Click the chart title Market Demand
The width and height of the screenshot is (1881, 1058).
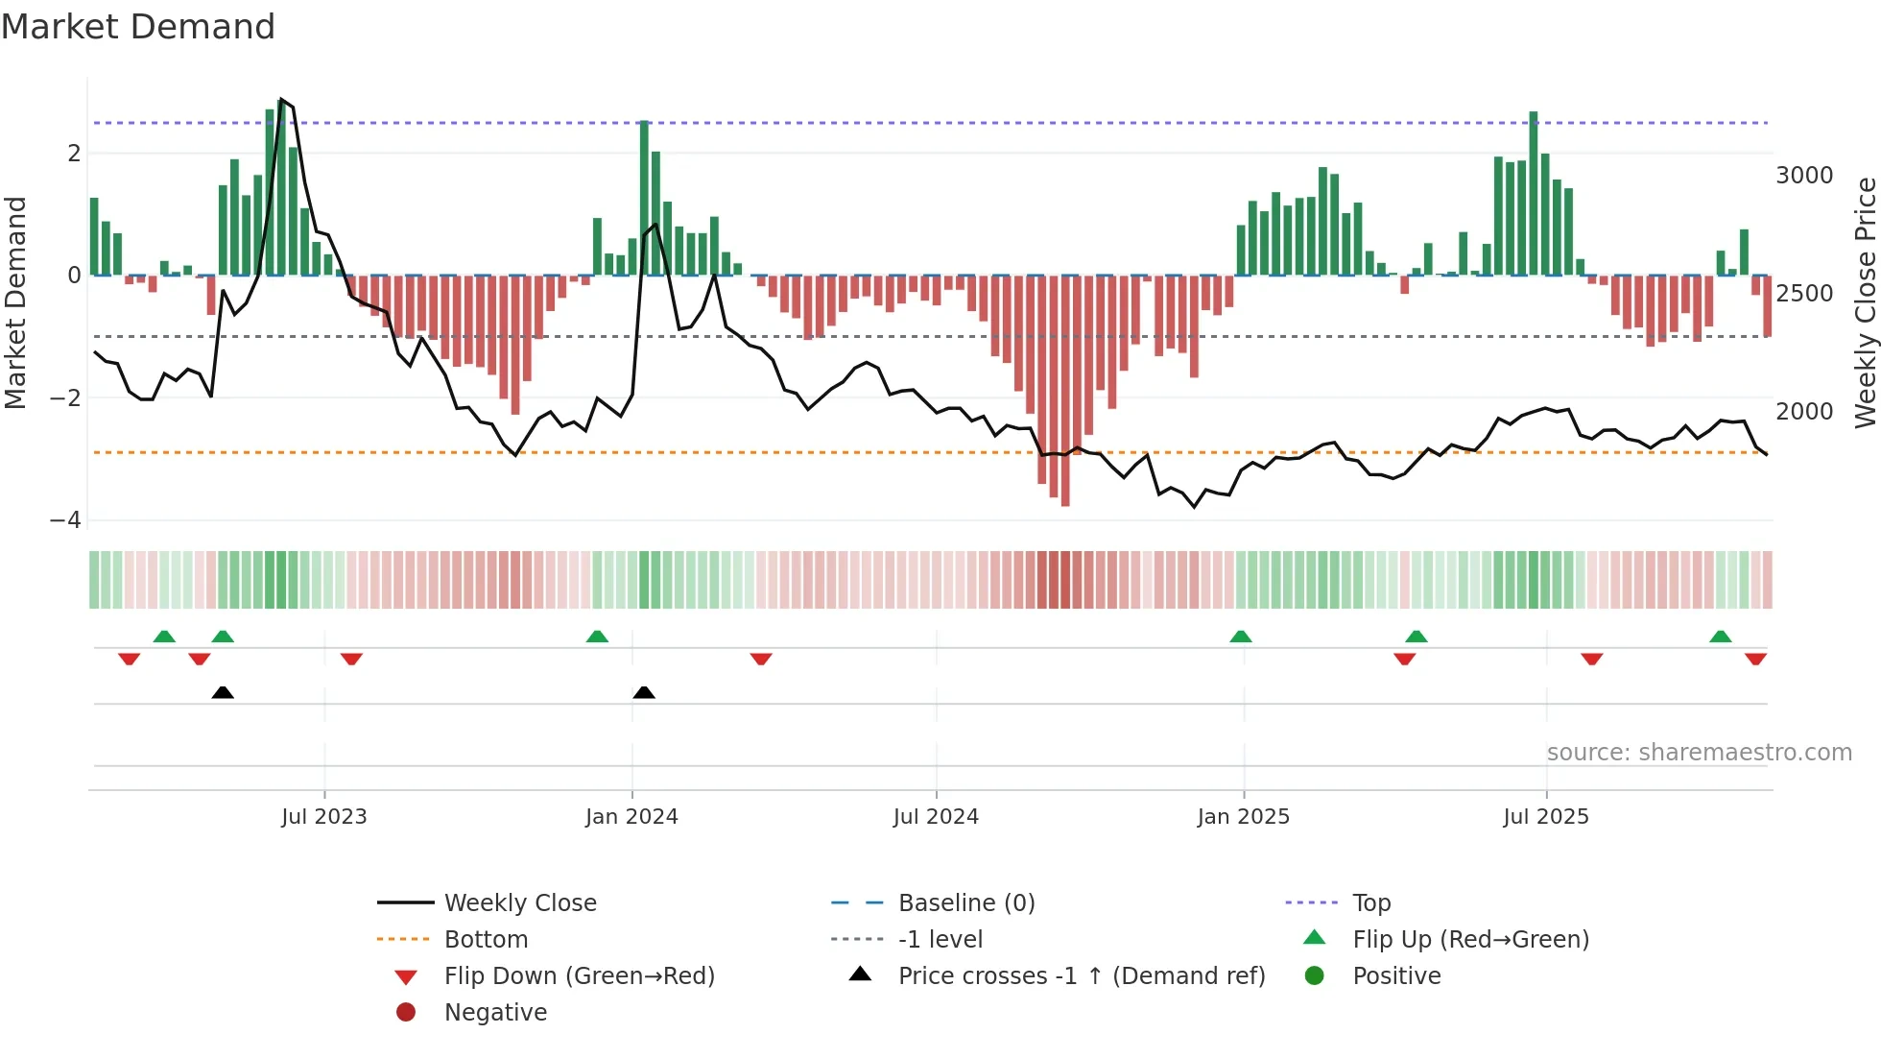(x=138, y=27)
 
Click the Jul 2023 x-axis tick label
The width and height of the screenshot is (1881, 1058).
(x=324, y=817)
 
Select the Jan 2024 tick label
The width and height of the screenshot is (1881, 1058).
(x=631, y=817)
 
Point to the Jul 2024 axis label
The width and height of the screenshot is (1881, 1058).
(x=936, y=817)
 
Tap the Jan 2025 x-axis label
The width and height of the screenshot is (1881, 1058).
(x=1244, y=817)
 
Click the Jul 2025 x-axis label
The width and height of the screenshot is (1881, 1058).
(x=1546, y=817)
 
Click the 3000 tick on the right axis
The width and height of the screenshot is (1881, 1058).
(x=1804, y=176)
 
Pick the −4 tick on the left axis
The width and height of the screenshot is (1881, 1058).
(x=66, y=520)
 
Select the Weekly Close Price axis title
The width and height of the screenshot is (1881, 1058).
(x=1865, y=302)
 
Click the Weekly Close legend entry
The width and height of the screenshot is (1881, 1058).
(x=519, y=903)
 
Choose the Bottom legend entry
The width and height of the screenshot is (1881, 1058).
(x=486, y=940)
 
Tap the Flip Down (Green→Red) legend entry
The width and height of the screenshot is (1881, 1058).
(x=579, y=976)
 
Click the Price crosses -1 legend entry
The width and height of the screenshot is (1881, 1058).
(x=1081, y=976)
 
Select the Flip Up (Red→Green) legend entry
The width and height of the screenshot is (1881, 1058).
(x=1470, y=940)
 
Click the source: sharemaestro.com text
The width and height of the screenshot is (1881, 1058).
(x=1699, y=753)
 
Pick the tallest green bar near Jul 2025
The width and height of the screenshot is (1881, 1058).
(x=1534, y=192)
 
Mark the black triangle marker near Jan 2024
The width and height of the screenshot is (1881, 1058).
(x=644, y=693)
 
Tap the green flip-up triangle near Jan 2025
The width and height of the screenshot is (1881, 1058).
(x=1241, y=637)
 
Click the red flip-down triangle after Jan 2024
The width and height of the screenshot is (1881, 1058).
(x=761, y=659)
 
